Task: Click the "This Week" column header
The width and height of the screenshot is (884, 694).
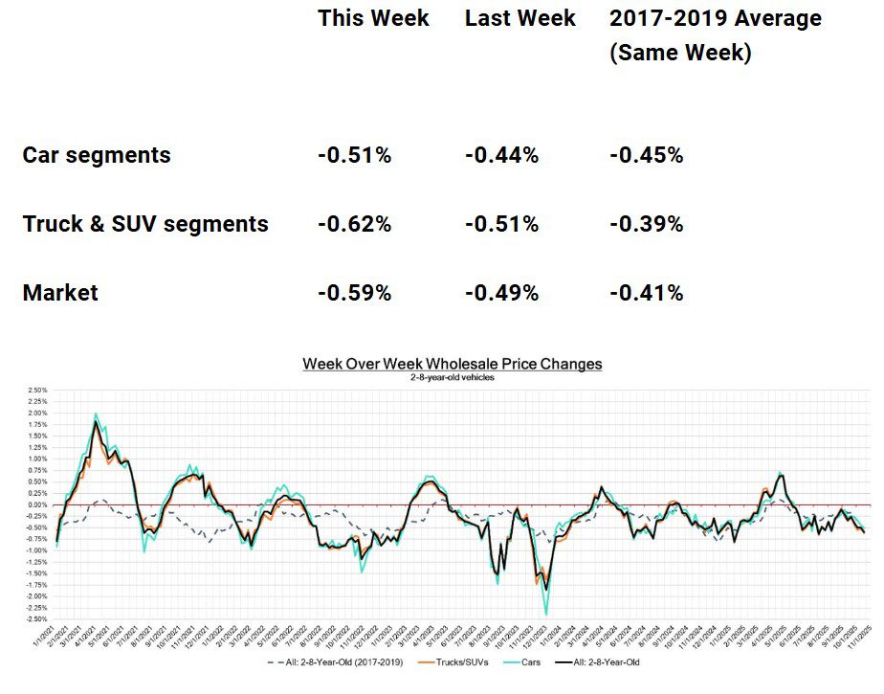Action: pyautogui.click(x=373, y=19)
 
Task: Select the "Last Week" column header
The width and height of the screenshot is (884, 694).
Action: pyautogui.click(x=520, y=19)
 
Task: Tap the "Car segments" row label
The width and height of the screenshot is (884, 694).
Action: pyautogui.click(x=97, y=155)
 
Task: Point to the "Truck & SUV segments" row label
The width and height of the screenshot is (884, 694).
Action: pyautogui.click(x=145, y=224)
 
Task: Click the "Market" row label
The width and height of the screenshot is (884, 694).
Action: pyautogui.click(x=60, y=293)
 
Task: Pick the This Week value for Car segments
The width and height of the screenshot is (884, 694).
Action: pyautogui.click(x=354, y=155)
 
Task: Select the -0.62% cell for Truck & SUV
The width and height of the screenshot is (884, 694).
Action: pyautogui.click(x=354, y=224)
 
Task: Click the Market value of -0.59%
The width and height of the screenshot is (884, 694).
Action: pyautogui.click(x=354, y=293)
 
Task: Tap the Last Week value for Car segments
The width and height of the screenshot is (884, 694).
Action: pyautogui.click(x=501, y=155)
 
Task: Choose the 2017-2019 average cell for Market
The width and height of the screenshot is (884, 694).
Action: pyautogui.click(x=647, y=293)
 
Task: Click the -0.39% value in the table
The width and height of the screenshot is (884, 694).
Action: pyautogui.click(x=647, y=224)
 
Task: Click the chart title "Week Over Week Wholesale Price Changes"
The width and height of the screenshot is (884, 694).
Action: pyautogui.click(x=453, y=364)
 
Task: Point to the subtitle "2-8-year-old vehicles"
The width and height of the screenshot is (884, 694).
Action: pyautogui.click(x=453, y=377)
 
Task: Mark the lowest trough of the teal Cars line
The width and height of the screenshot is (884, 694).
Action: pyautogui.click(x=546, y=614)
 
